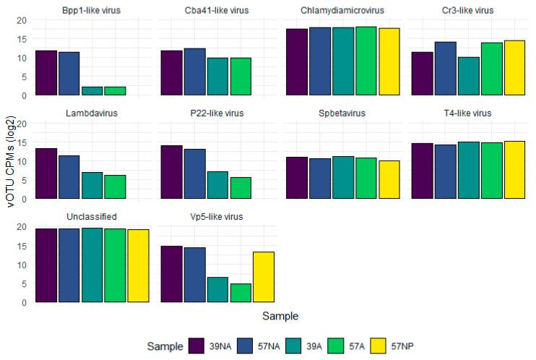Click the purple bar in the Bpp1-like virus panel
pyautogui.click(x=46, y=73)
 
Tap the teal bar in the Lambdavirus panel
pyautogui.click(x=92, y=185)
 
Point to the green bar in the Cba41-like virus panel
pyautogui.click(x=240, y=77)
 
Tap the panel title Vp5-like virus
pyautogui.click(x=217, y=216)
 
